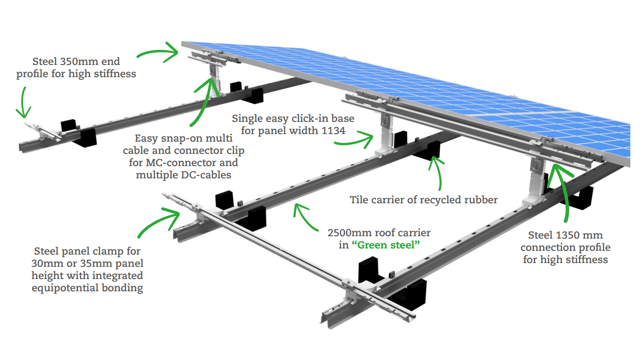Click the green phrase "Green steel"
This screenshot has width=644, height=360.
(x=386, y=245)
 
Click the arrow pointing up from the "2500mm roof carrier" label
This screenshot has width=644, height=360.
(x=306, y=216)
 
